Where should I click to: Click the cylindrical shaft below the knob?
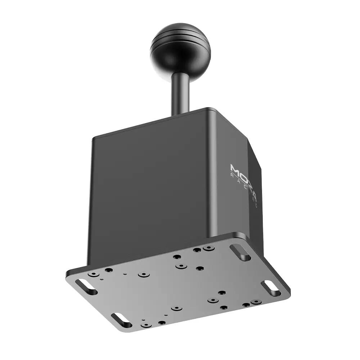point(180,90)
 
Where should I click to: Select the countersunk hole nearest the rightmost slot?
point(256,301)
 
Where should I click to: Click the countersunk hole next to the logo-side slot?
point(208,248)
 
